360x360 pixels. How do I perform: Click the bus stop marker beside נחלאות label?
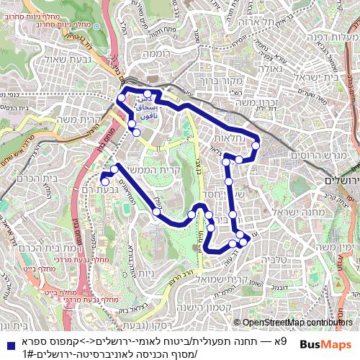pyautogui.click(x=256, y=146)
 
